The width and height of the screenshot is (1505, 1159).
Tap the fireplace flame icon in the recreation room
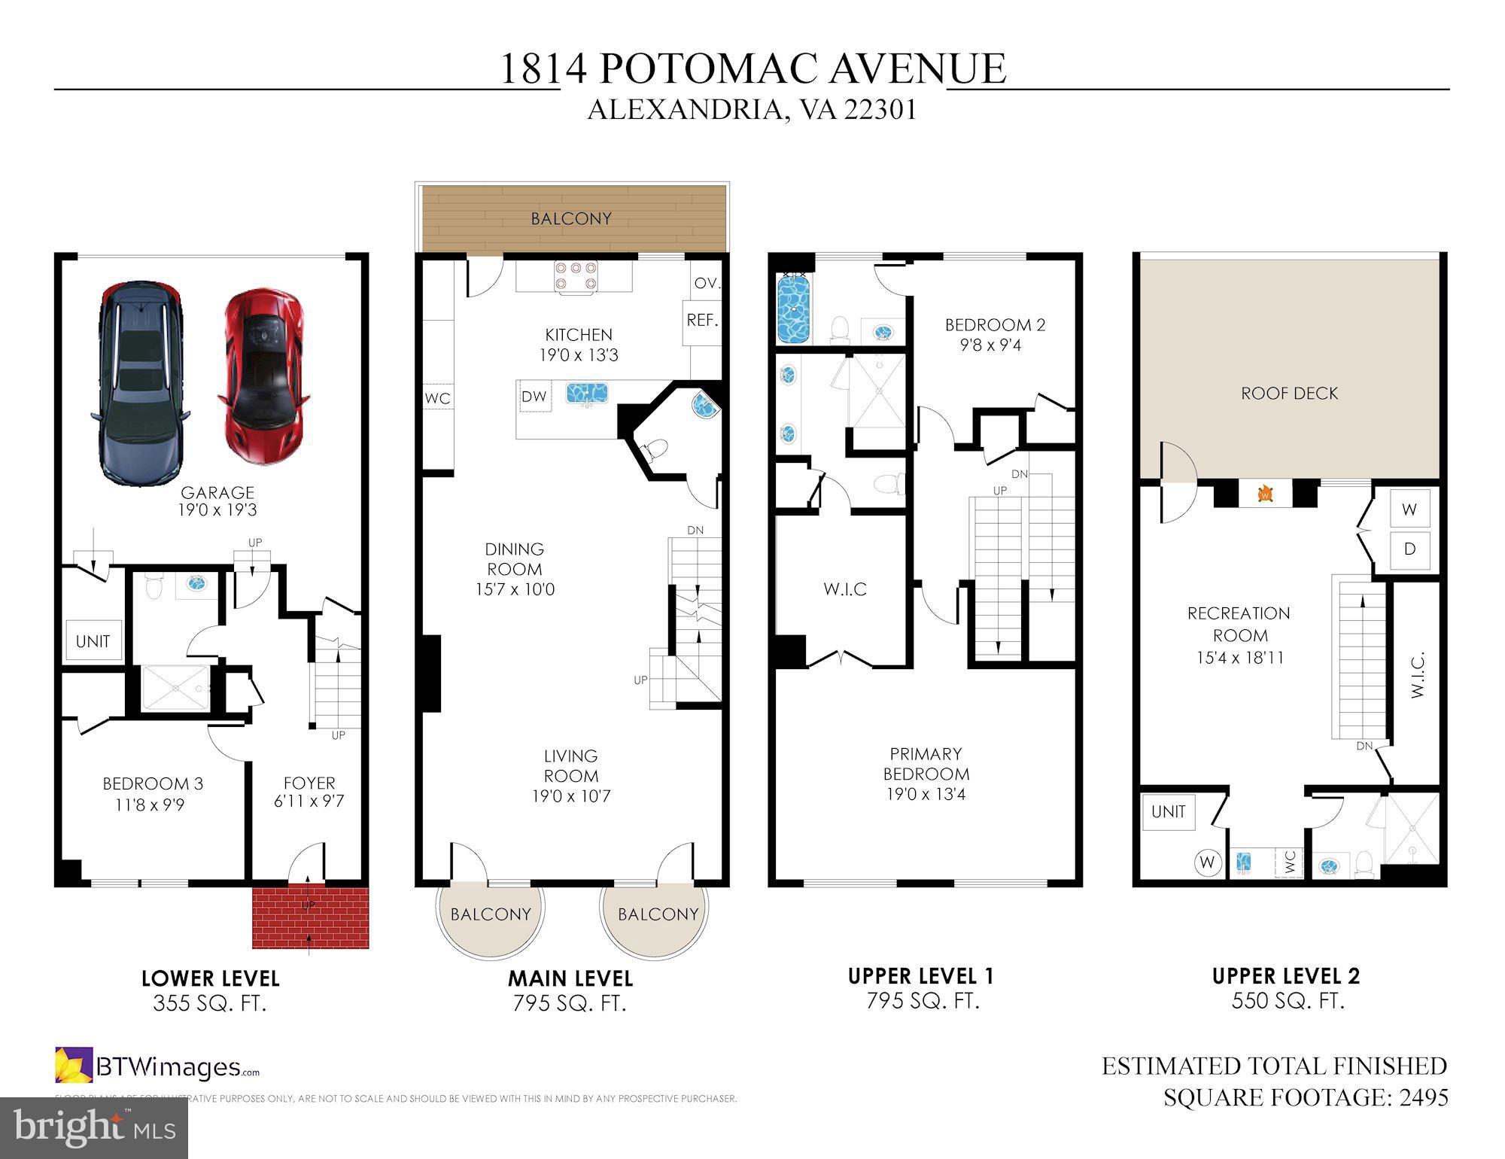pyautogui.click(x=1266, y=494)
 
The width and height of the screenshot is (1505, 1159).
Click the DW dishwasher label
pyautogui.click(x=534, y=397)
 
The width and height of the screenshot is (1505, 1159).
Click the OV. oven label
pyautogui.click(x=707, y=283)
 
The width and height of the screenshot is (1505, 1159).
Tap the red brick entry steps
pyautogui.click(x=310, y=917)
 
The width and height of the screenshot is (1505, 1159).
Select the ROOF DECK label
pyautogui.click(x=1289, y=393)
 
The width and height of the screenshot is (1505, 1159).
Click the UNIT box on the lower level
pyautogui.click(x=93, y=640)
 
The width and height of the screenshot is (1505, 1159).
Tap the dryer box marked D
pyautogui.click(x=1409, y=549)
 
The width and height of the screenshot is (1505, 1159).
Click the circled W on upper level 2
pyautogui.click(x=1207, y=862)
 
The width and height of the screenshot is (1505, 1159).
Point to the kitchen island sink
pyautogui.click(x=587, y=393)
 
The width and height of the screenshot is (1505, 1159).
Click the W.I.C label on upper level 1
pyautogui.click(x=844, y=589)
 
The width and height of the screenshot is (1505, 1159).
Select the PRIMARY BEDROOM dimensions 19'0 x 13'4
pyautogui.click(x=926, y=794)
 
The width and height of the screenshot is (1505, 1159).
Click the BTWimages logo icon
pyautogui.click(x=74, y=1065)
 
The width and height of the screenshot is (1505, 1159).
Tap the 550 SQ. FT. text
pyautogui.click(x=1288, y=1000)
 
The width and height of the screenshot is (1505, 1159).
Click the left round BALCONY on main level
pyautogui.click(x=491, y=914)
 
